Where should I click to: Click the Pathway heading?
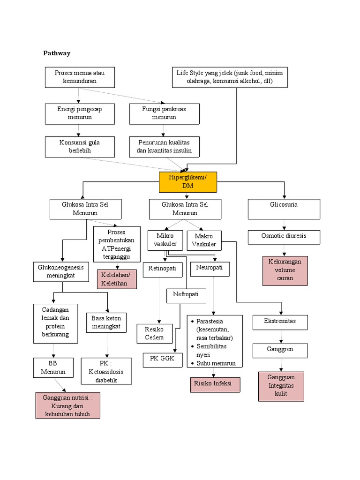57,53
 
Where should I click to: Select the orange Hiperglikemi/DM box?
187,182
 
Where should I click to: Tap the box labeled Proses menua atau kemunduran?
79,77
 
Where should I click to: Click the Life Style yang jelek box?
229,77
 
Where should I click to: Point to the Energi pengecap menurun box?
79,113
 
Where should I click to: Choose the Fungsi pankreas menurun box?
164,113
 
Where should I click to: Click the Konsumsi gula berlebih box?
79,147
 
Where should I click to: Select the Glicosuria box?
284,209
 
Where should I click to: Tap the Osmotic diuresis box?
284,237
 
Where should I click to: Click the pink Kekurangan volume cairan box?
285,270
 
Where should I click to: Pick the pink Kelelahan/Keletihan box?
116,279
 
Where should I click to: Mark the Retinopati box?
162,269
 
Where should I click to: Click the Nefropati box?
186,295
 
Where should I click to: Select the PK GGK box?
162,360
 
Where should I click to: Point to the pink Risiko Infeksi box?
214,384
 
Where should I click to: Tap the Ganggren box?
280,350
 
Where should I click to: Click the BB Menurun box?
53,367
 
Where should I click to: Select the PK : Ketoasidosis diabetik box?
106,371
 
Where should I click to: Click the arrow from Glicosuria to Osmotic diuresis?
284,225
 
